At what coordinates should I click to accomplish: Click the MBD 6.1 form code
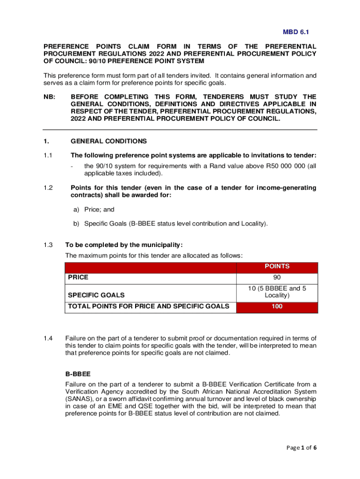click(x=295, y=32)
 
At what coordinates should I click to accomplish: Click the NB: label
click(x=50, y=97)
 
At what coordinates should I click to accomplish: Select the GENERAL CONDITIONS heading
click(x=108, y=141)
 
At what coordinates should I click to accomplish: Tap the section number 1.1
click(x=48, y=155)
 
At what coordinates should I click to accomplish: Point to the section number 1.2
click(x=48, y=188)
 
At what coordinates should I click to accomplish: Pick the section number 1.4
click(x=48, y=338)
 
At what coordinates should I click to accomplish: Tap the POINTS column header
click(x=277, y=266)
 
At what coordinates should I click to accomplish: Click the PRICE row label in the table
click(x=78, y=277)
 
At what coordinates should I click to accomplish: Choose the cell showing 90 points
click(x=277, y=277)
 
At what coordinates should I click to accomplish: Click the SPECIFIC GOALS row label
click(x=96, y=295)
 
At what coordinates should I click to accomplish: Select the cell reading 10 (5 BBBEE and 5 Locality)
click(x=277, y=292)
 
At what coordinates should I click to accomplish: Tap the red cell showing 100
click(x=277, y=307)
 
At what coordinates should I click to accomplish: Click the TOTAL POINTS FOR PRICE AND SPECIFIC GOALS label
click(x=149, y=306)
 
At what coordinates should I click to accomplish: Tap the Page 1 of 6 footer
click(x=301, y=448)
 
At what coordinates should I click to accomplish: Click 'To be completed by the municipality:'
click(x=124, y=245)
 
